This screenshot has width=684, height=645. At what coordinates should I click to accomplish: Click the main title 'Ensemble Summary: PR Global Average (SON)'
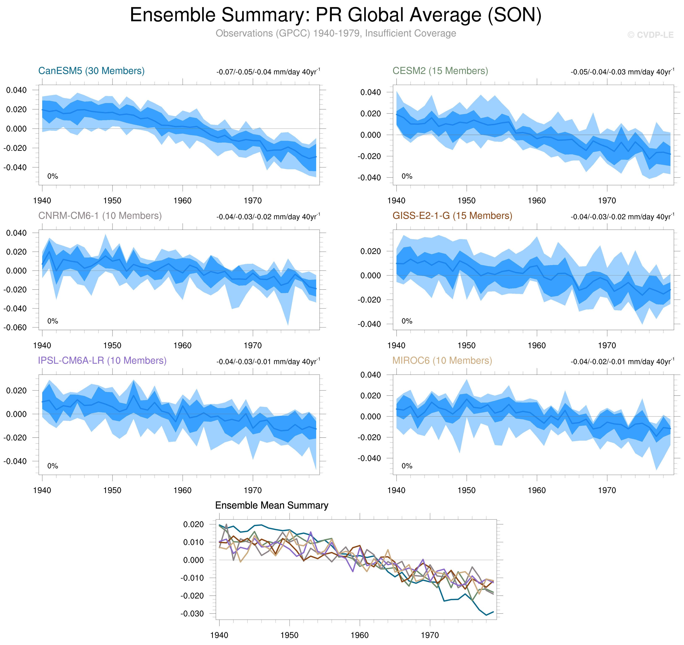pos(335,15)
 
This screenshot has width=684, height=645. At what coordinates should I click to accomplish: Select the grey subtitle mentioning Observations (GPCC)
pos(335,33)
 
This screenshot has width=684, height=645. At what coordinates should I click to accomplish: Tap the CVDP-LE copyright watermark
pos(650,35)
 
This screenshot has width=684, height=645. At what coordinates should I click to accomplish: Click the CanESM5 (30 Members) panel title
pos(91,71)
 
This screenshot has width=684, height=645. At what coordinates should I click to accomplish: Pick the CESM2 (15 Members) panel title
pos(440,71)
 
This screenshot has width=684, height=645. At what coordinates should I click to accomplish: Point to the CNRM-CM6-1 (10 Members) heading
pos(100,216)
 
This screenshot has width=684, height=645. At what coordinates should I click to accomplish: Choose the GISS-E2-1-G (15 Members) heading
pos(452,216)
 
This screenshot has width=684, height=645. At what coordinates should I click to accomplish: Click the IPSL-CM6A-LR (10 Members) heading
pos(102,360)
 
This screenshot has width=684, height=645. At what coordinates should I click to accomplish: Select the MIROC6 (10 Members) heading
pos(442,360)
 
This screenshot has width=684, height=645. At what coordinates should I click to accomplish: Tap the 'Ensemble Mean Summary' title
pos(271,505)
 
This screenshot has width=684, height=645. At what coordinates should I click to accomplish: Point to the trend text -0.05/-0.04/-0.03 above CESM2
pos(622,72)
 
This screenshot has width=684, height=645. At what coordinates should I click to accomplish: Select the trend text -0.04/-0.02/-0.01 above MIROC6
pos(622,361)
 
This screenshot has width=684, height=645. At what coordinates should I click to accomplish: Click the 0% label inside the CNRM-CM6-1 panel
pos(53,321)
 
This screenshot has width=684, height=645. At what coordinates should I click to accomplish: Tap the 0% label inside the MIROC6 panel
pos(407,466)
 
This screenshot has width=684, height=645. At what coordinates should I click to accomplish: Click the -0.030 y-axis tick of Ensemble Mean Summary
pos(192,613)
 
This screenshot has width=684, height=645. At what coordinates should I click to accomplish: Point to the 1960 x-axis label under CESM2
pos(537,201)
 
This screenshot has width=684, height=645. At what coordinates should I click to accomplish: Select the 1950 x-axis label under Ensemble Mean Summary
pos(289,635)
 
